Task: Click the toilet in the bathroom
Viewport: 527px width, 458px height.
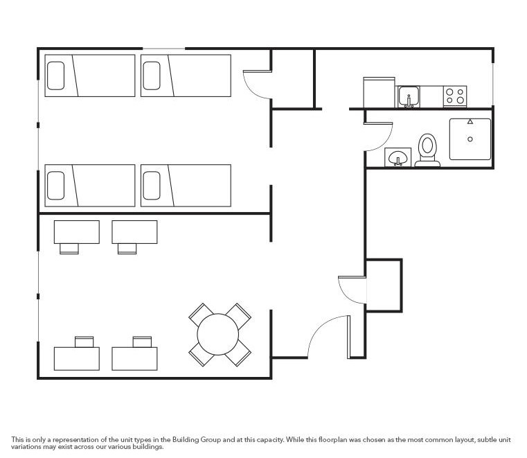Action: click(x=428, y=150)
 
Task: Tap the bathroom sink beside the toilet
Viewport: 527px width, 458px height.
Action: click(x=398, y=159)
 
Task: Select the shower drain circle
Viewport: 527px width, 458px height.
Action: click(x=470, y=139)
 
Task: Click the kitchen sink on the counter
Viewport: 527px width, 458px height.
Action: click(x=409, y=97)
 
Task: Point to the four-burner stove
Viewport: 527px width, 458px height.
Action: click(x=454, y=96)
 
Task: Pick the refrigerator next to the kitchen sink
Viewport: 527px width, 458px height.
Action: click(x=379, y=93)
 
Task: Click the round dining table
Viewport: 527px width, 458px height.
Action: click(x=220, y=335)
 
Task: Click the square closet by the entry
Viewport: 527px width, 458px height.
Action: click(x=383, y=285)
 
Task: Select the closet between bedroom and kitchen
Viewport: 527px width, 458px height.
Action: click(x=292, y=78)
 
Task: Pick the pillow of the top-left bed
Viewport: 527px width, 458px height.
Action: click(x=55, y=76)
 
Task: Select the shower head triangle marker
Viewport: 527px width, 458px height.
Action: click(x=470, y=121)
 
